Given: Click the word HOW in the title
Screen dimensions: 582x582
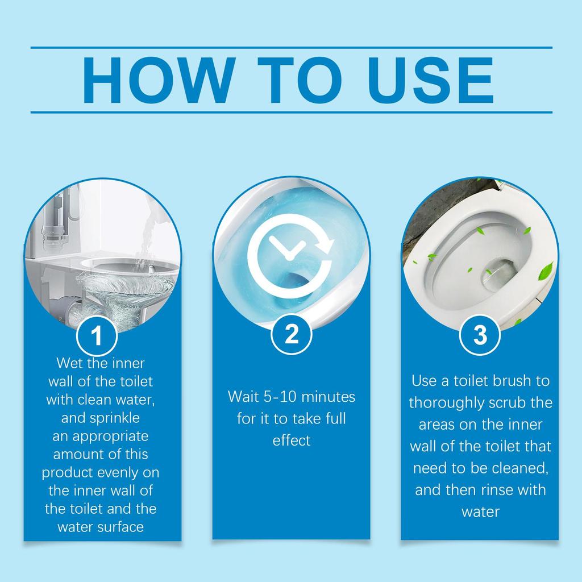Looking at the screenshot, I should coord(157,80).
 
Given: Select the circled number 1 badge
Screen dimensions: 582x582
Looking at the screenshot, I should coord(97,336).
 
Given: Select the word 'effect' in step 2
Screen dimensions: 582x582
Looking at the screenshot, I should coord(291,440).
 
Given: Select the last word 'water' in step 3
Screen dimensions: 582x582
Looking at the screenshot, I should coord(480,511).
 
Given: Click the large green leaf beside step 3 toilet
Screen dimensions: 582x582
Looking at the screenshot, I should coord(547,270).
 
